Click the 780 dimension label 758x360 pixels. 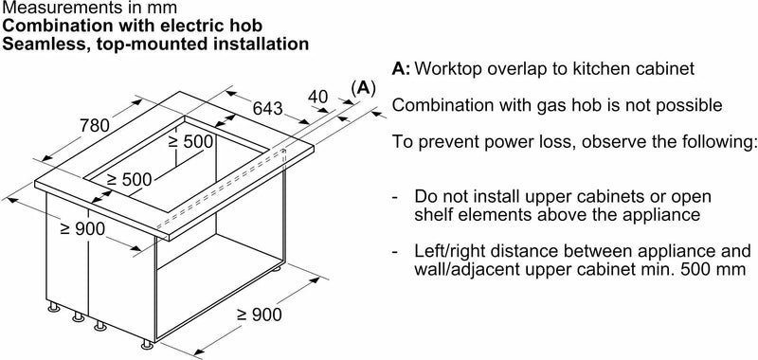point(95,126)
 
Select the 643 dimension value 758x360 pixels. point(268,108)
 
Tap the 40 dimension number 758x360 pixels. point(318,97)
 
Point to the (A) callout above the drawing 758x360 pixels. point(364,88)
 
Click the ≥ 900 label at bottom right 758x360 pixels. point(259,315)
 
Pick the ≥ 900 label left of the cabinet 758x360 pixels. point(82,229)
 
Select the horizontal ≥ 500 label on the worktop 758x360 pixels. point(129,180)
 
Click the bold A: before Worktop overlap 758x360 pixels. point(401,68)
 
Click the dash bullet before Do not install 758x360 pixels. point(395,198)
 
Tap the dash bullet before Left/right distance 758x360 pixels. point(395,252)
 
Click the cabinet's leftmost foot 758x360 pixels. point(54,307)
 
